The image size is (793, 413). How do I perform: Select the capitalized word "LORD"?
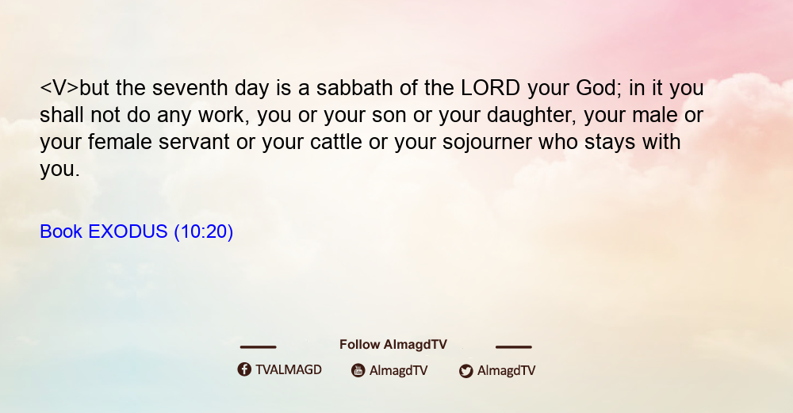[x=491, y=88]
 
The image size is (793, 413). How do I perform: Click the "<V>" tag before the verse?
[x=59, y=88]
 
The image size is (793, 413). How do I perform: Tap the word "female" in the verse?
[x=120, y=142]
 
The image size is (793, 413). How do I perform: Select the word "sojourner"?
[x=487, y=143]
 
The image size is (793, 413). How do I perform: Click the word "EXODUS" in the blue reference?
[x=128, y=231]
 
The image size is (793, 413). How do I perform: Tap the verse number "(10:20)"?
[x=203, y=232]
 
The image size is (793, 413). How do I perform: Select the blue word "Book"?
[x=61, y=231]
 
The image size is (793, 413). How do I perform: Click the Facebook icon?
[x=244, y=369]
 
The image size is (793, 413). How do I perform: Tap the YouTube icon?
[x=358, y=370]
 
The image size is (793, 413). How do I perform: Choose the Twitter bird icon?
[x=465, y=371]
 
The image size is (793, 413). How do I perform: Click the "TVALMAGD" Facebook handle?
[x=289, y=369]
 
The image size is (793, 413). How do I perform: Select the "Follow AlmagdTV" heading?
[x=393, y=344]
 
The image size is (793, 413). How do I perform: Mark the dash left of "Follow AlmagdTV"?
[x=258, y=346]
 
